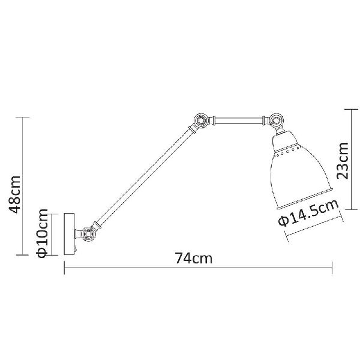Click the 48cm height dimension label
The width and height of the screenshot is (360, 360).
pyautogui.click(x=14, y=194)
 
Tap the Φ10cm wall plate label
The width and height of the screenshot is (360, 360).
pyautogui.click(x=42, y=233)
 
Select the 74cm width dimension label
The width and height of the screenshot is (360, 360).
pyautogui.click(x=194, y=258)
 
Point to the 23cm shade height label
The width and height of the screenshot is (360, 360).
pyautogui.click(x=343, y=160)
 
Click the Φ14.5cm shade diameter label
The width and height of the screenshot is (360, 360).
pyautogui.click(x=308, y=212)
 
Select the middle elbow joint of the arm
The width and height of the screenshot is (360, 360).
pyautogui.click(x=200, y=120)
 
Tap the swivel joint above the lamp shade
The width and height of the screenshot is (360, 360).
pyautogui.click(x=276, y=120)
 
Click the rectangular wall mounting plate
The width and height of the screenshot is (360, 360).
pyautogui.click(x=70, y=234)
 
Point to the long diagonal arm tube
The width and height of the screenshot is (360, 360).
pyautogui.click(x=145, y=176)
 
